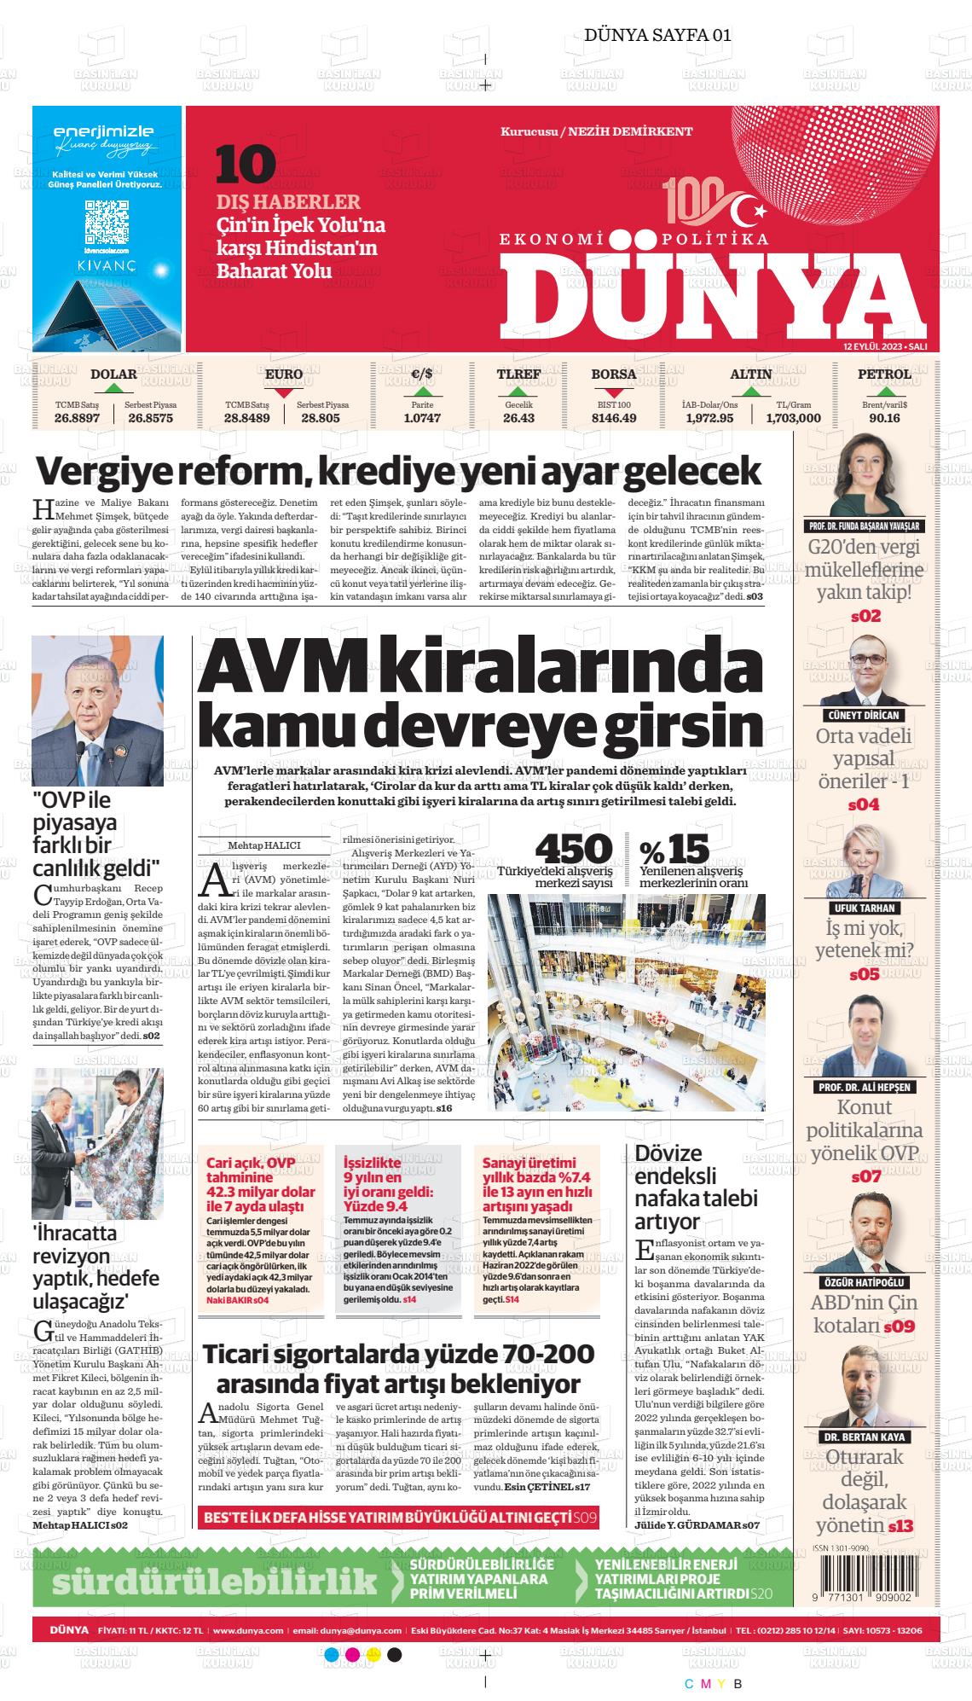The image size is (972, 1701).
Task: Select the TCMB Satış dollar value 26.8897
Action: [x=78, y=418]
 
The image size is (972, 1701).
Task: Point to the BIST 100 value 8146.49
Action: [x=614, y=418]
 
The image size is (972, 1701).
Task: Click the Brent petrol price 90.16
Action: [x=884, y=418]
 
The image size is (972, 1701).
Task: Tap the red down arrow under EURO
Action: [x=284, y=392]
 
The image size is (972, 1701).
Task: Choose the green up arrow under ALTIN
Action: [x=750, y=392]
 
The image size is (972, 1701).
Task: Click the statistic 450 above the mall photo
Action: [x=573, y=849]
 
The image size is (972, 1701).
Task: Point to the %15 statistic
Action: [x=674, y=850]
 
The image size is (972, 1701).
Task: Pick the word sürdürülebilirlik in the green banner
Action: [x=214, y=1580]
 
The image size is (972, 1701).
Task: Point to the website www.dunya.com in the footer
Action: [x=248, y=1630]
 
